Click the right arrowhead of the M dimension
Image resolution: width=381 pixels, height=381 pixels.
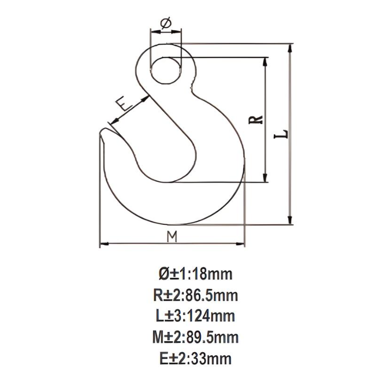242,243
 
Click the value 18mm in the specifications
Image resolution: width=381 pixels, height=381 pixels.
213,273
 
